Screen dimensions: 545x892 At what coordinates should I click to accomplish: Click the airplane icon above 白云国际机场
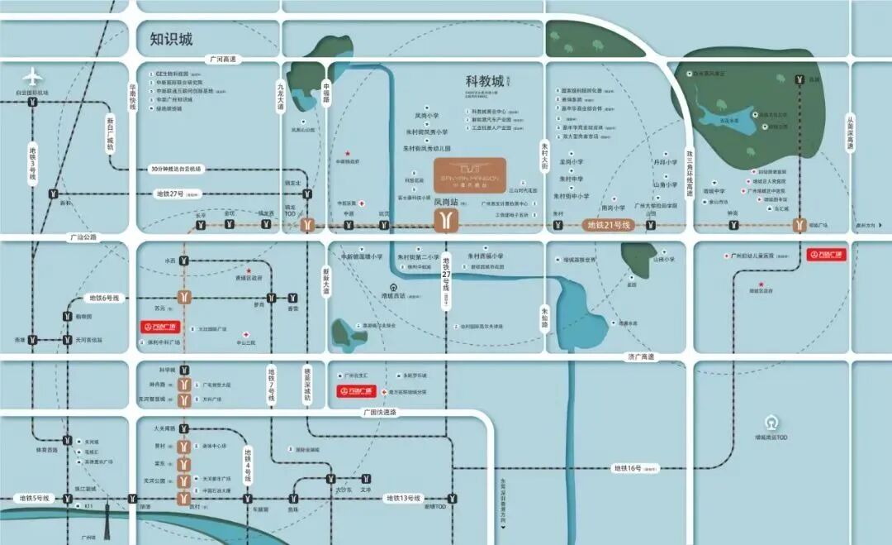point(33,77)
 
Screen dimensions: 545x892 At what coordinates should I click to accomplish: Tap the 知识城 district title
point(171,39)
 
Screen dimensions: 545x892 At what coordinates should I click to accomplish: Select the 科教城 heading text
point(484,81)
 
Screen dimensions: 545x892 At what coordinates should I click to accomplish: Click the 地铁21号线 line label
point(608,225)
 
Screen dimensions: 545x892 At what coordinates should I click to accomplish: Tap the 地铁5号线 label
point(34,498)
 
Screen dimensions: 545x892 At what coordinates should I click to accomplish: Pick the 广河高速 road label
point(222,60)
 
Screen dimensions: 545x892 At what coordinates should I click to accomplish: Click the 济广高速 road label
point(638,356)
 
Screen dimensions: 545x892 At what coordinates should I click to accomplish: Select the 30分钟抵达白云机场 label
point(176,169)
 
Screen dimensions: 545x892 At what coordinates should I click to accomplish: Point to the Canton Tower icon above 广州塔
point(107,518)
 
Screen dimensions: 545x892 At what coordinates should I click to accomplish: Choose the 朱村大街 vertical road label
point(545,156)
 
